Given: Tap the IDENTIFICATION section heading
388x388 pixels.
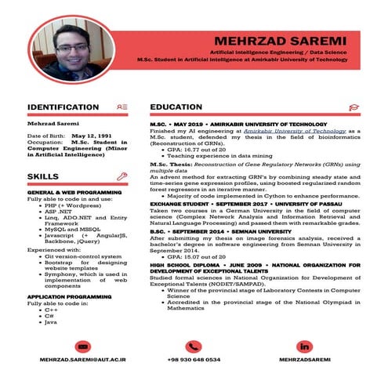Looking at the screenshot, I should click(x=63, y=107).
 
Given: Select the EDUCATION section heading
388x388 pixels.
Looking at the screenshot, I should click(x=176, y=107).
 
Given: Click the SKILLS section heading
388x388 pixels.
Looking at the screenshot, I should click(x=42, y=176).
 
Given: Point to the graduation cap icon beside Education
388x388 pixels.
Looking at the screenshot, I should click(x=354, y=107).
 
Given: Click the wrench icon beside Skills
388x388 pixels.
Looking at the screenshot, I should click(x=121, y=176).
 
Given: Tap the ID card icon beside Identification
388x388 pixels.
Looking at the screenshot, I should click(x=121, y=107).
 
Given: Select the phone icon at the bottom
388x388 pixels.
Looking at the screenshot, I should click(x=194, y=346).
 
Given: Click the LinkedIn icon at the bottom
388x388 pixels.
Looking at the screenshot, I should click(x=303, y=346).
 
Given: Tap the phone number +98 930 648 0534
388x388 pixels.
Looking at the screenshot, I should click(x=194, y=360).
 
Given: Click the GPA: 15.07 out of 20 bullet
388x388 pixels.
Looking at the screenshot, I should click(x=207, y=256).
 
